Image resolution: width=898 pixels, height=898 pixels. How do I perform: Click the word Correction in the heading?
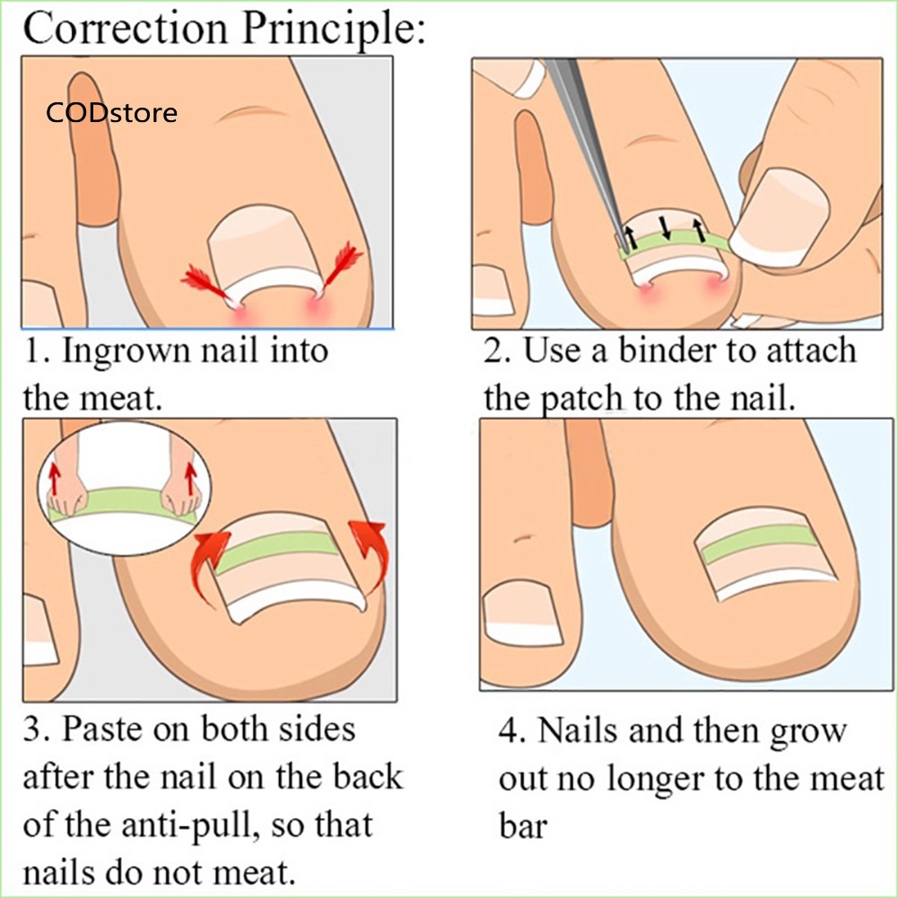click(126, 28)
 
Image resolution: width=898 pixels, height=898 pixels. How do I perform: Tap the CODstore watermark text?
click(111, 112)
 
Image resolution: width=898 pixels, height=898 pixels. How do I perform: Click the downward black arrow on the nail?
click(666, 227)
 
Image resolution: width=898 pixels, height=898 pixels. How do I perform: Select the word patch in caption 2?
click(583, 398)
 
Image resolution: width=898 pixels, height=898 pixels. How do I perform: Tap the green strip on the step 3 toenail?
click(277, 551)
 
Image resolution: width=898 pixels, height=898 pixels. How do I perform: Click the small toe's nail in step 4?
click(522, 614)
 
